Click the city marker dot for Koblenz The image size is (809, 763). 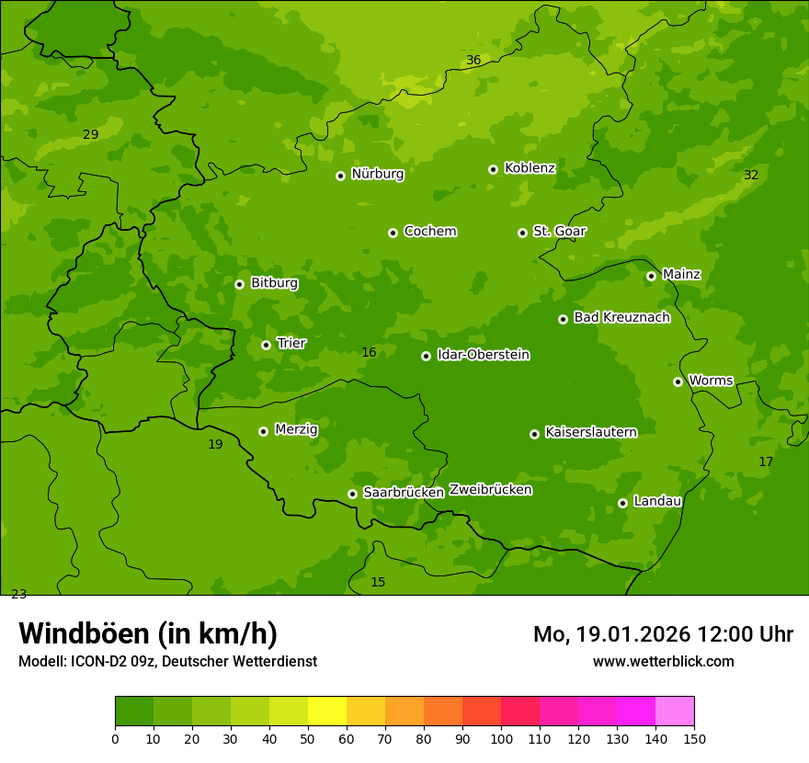[x=494, y=169]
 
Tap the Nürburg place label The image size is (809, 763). [x=377, y=174]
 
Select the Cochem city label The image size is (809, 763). [x=429, y=232]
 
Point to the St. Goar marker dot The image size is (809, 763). [x=522, y=233]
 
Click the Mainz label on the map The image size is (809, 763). [x=681, y=275]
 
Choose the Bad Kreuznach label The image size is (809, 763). [x=621, y=318]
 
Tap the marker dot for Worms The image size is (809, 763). [x=678, y=381]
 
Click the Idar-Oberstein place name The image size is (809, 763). [x=483, y=355]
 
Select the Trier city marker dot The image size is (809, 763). [x=266, y=346]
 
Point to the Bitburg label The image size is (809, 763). [x=274, y=283]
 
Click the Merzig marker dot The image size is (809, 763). [x=263, y=431]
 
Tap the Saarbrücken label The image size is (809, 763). [x=404, y=493]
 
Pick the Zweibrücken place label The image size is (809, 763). [x=490, y=490]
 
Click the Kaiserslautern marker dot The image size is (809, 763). [x=534, y=434]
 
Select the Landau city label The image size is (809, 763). [x=657, y=502]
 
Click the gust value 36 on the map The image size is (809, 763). [x=473, y=61]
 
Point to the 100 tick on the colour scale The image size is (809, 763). [x=501, y=738]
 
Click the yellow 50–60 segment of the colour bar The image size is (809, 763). [x=327, y=712]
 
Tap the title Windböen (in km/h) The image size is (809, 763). [x=148, y=634]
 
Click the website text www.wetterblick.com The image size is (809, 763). [x=663, y=662]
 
